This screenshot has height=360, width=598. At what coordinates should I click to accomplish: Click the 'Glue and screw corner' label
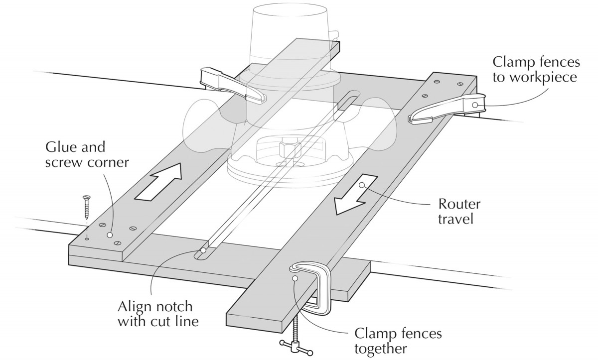click(82, 155)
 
